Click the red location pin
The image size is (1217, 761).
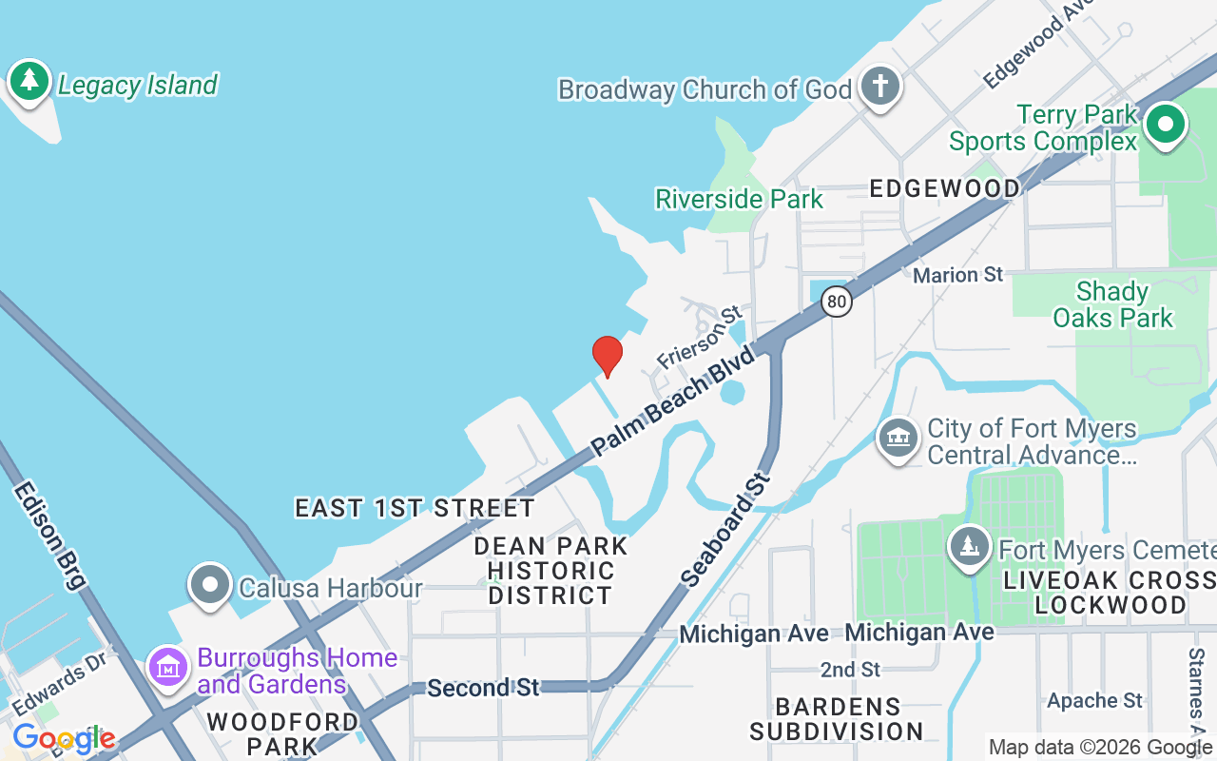607,357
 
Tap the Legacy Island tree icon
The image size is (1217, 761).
30,81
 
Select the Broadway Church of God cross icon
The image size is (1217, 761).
880,87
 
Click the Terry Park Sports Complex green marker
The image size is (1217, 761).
1165,125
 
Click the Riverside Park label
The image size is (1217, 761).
739,200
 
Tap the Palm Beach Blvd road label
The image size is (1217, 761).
672,400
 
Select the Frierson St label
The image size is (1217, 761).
699,338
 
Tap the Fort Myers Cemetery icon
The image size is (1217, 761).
970,547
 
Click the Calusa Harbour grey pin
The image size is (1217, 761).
210,584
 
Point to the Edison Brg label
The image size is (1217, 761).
49,535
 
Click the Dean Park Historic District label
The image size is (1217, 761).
551,571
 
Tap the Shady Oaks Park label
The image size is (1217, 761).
1112,304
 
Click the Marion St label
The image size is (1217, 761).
957,275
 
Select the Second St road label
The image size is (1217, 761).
483,687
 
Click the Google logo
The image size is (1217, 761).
64,738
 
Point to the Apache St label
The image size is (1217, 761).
1094,701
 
